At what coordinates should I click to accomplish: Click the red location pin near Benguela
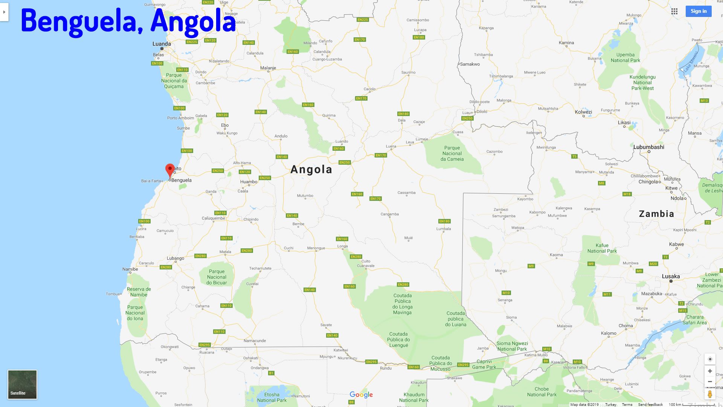coord(170,170)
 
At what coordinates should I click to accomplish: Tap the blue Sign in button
coord(698,11)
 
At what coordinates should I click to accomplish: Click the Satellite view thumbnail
coord(22,384)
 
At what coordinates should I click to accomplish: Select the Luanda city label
coord(162,44)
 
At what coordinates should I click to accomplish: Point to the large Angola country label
coord(311,170)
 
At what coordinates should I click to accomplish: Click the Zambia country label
coord(656,214)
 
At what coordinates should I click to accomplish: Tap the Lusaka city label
coord(671,276)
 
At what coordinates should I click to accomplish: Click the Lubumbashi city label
coord(648,147)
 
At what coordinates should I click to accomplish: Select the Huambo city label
coord(249,182)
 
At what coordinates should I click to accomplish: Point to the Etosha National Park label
coord(272,397)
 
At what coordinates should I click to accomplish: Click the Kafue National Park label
coord(602,248)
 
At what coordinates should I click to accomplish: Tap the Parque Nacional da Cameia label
coord(452,153)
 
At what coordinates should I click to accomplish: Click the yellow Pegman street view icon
coord(710,394)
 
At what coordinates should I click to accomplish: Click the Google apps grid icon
coord(674,11)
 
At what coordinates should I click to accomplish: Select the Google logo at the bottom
coord(361,395)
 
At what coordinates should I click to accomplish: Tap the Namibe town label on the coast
coord(130,269)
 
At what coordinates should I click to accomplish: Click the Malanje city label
coord(268,68)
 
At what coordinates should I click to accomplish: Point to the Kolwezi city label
coord(583,112)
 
